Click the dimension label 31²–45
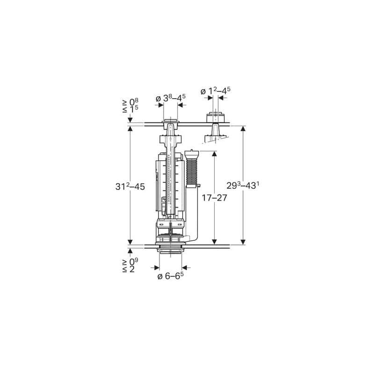[x=130, y=187]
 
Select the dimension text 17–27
[x=215, y=198]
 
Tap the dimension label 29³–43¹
[x=243, y=185]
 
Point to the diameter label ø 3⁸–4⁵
[x=171, y=98]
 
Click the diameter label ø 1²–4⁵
[x=216, y=91]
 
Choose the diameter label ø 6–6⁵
[x=171, y=276]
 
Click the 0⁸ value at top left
[x=134, y=102]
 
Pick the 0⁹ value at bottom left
[x=134, y=262]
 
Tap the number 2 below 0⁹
[x=132, y=269]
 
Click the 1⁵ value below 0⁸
[x=134, y=109]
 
